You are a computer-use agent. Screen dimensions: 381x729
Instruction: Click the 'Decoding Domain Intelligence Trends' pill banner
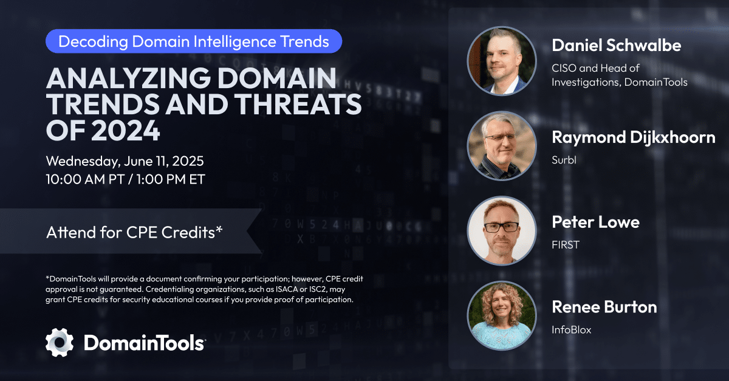(194, 41)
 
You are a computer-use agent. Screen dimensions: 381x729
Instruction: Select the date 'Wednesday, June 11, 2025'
(125, 162)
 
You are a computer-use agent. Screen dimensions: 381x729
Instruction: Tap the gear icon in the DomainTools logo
(60, 342)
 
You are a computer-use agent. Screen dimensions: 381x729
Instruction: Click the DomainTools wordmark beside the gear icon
(144, 343)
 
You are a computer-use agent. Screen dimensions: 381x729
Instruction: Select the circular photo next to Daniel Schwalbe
(501, 61)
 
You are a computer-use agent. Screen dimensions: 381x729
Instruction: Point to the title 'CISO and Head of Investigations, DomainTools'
(619, 75)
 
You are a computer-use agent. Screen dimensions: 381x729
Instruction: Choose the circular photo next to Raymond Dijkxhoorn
(501, 146)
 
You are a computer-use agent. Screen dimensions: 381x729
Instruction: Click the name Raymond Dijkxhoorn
(633, 137)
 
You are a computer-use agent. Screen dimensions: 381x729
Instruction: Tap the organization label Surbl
(564, 160)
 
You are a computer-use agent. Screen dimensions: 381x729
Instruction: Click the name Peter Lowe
(595, 222)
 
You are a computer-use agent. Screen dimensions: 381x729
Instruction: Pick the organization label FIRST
(566, 245)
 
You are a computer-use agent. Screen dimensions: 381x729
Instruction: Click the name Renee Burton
(604, 307)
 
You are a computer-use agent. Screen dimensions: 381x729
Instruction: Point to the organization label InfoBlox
(572, 330)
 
